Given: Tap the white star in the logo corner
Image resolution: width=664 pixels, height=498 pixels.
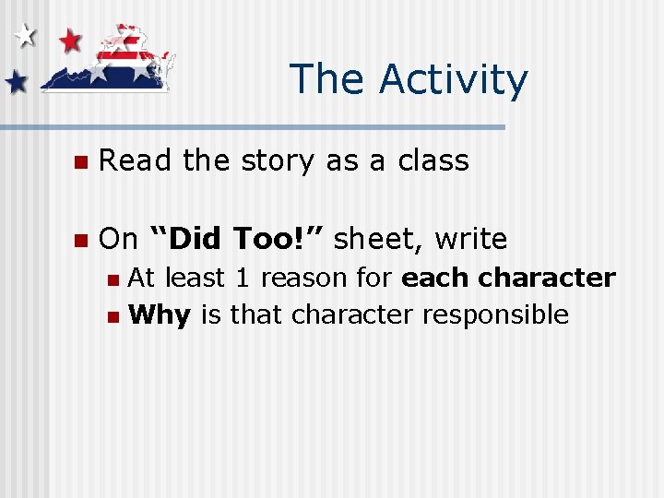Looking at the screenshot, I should point(25,36).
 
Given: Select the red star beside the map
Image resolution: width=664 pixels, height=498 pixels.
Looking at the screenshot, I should point(70,40).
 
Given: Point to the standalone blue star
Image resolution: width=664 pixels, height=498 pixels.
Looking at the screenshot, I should point(16,83).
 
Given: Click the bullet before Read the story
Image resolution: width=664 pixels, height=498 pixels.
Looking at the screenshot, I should point(80,162).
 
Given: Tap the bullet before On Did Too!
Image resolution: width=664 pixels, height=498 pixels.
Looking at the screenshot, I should point(80,241).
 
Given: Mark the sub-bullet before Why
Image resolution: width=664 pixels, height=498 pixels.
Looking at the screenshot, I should point(113,316).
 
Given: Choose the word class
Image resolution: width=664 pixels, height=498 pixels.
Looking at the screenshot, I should point(433,160).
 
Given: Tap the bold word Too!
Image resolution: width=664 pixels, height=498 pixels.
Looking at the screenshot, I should point(276,239).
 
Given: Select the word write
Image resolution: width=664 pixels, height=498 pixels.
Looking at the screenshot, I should point(471,239).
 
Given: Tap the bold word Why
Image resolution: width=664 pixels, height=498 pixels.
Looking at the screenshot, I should point(160,315).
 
